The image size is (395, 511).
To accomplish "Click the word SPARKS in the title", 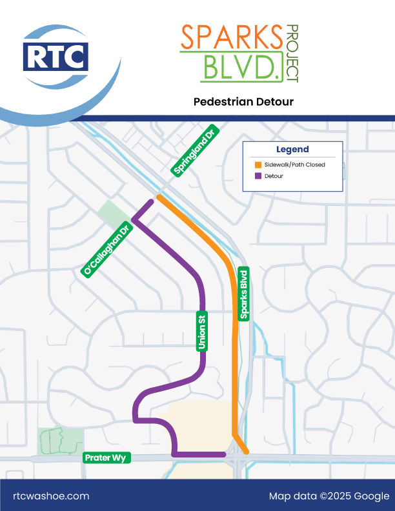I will (x=230, y=37).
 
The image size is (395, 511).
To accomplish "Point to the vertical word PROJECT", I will (x=292, y=53).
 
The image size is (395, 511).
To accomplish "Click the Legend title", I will (x=292, y=149).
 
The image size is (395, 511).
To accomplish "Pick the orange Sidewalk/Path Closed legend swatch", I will (x=258, y=165).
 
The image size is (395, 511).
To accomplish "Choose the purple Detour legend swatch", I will (x=258, y=175).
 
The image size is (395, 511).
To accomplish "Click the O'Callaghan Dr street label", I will (x=107, y=250).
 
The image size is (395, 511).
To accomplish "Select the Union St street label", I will (x=201, y=330).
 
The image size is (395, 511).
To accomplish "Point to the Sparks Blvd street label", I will (x=244, y=293).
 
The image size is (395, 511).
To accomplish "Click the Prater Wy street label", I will (x=107, y=458).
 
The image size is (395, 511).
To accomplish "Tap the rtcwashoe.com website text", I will (x=51, y=496).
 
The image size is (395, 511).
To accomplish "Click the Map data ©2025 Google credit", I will (x=329, y=496).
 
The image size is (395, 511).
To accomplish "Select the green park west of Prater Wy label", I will (x=59, y=441).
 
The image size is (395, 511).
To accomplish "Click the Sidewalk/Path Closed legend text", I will (x=294, y=165).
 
